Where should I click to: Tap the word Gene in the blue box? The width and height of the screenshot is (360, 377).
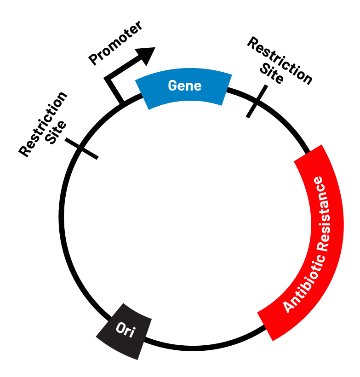click(184, 86)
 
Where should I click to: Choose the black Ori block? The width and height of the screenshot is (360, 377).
click(125, 331)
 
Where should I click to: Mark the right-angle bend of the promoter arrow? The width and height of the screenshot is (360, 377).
click(109, 80)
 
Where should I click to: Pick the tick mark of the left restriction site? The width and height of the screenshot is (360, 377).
click(81, 148)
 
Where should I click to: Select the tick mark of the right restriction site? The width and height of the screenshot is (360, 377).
click(257, 101)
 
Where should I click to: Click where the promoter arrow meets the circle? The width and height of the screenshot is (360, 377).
click(122, 102)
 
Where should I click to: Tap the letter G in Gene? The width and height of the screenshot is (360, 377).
click(172, 86)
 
